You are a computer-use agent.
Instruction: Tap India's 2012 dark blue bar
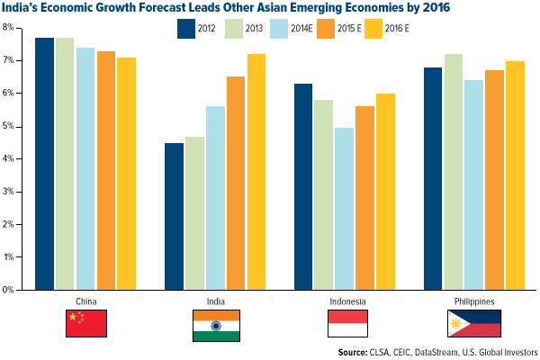coord(174,216)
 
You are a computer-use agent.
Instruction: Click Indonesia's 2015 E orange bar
coord(363,198)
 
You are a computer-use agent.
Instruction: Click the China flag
coord(86,324)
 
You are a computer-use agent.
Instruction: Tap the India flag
coord(215,324)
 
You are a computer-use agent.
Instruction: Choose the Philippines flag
coord(473,324)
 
